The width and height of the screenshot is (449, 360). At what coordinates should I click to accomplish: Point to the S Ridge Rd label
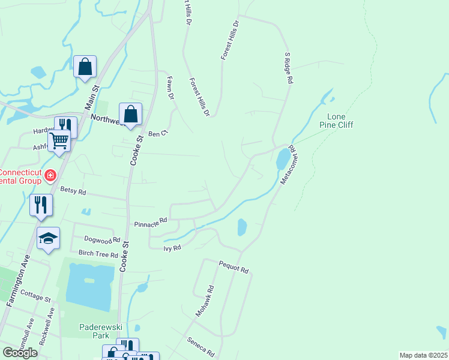pos(288,67)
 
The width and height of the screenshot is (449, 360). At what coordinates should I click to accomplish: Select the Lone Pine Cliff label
pos(340,121)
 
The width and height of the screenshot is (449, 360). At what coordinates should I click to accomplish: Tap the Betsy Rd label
pos(73,191)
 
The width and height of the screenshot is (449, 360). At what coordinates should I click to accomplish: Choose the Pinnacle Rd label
pos(151,222)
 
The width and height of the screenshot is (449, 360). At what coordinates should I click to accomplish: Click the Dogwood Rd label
pos(98,241)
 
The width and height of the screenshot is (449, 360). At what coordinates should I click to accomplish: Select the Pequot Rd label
pos(234,267)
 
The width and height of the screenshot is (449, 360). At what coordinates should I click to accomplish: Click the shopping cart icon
pos(59,141)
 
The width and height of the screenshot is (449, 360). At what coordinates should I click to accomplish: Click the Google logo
pos(20,353)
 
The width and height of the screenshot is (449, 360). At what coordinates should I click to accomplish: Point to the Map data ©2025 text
pos(423,355)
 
